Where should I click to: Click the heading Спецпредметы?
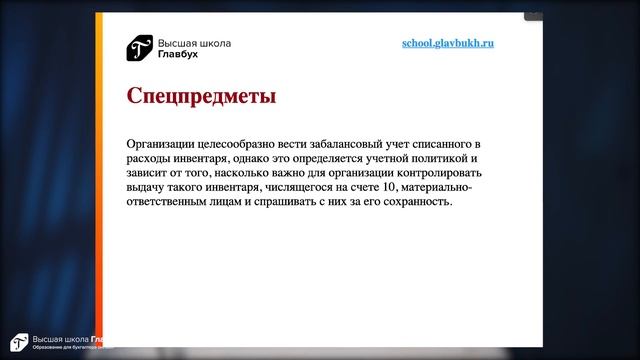(x=201, y=97)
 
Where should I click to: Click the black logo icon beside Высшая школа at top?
(x=139, y=48)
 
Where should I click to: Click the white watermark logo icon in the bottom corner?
(x=16, y=342)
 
